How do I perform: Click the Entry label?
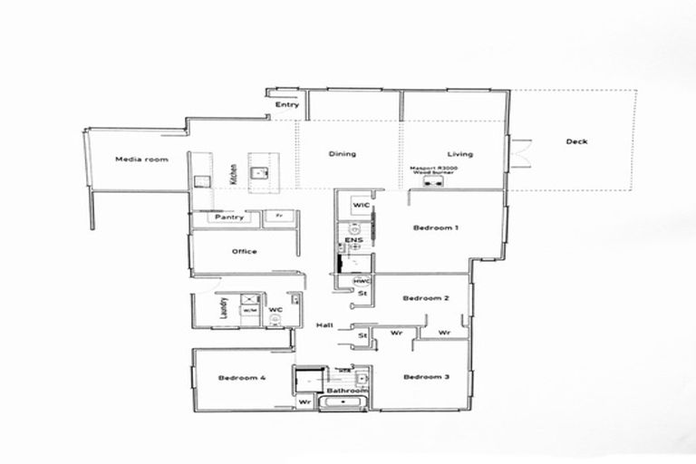click(287, 105)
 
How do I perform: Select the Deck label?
click(576, 141)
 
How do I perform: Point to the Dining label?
click(342, 154)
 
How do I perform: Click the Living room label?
click(460, 154)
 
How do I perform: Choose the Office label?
click(244, 252)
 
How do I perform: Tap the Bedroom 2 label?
click(422, 298)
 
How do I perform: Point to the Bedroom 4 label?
click(241, 378)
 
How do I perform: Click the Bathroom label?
click(344, 391)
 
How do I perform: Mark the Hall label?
click(324, 325)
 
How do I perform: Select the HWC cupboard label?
click(362, 280)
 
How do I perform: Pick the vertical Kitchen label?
click(234, 173)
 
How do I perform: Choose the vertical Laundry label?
click(223, 309)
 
